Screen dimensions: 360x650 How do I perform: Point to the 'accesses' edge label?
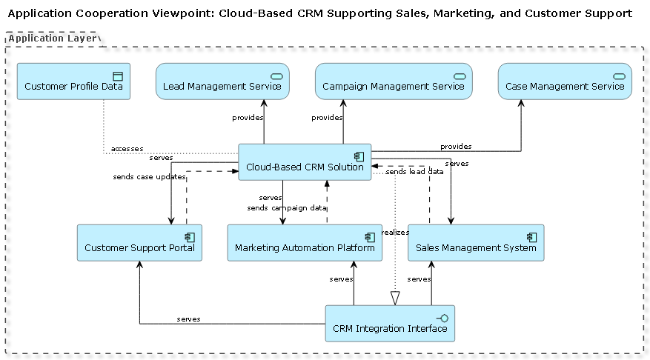point(127,149)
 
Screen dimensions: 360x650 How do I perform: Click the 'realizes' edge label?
point(395,233)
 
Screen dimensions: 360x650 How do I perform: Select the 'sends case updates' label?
point(149,177)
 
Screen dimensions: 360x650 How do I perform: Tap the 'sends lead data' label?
point(415,171)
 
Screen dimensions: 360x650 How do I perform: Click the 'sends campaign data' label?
point(287,208)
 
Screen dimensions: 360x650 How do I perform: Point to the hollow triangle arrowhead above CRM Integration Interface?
point(395,298)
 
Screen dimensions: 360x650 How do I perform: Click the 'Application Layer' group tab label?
point(53,38)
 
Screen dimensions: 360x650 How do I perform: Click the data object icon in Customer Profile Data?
point(116,76)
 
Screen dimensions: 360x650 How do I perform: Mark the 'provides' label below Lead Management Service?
point(248,118)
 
